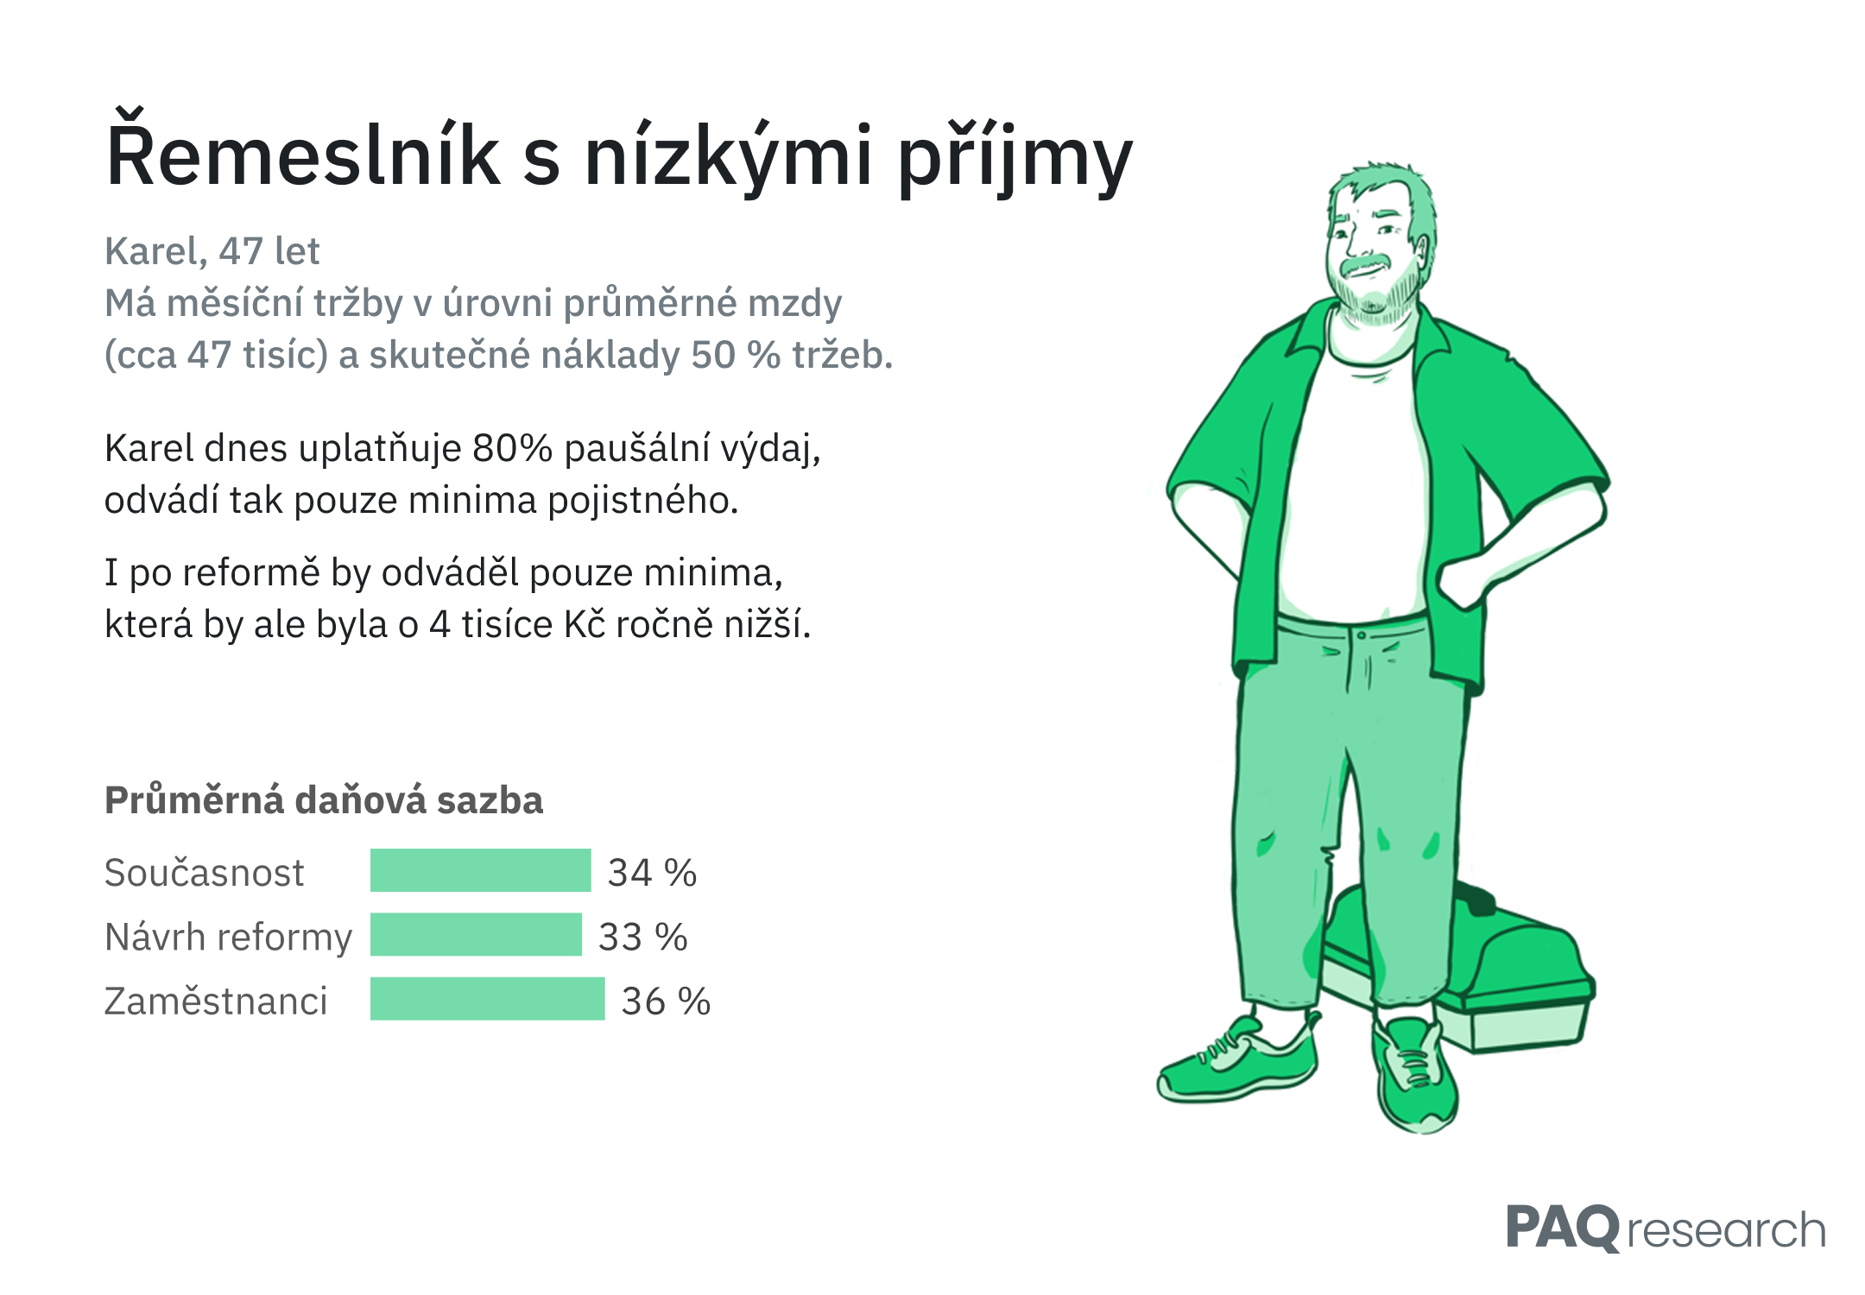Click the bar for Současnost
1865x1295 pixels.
click(480, 870)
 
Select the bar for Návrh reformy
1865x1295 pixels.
click(476, 934)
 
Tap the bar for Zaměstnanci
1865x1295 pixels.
click(488, 999)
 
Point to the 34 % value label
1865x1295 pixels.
click(652, 872)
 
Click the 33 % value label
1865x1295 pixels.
click(643, 937)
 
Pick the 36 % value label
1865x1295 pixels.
click(666, 1001)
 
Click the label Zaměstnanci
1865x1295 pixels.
click(216, 1001)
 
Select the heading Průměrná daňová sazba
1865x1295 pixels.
click(324, 799)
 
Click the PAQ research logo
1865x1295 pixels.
click(1666, 1228)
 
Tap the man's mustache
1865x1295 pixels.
click(1368, 264)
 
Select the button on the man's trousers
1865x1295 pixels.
click(1362, 635)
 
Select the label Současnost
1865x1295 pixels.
click(204, 872)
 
